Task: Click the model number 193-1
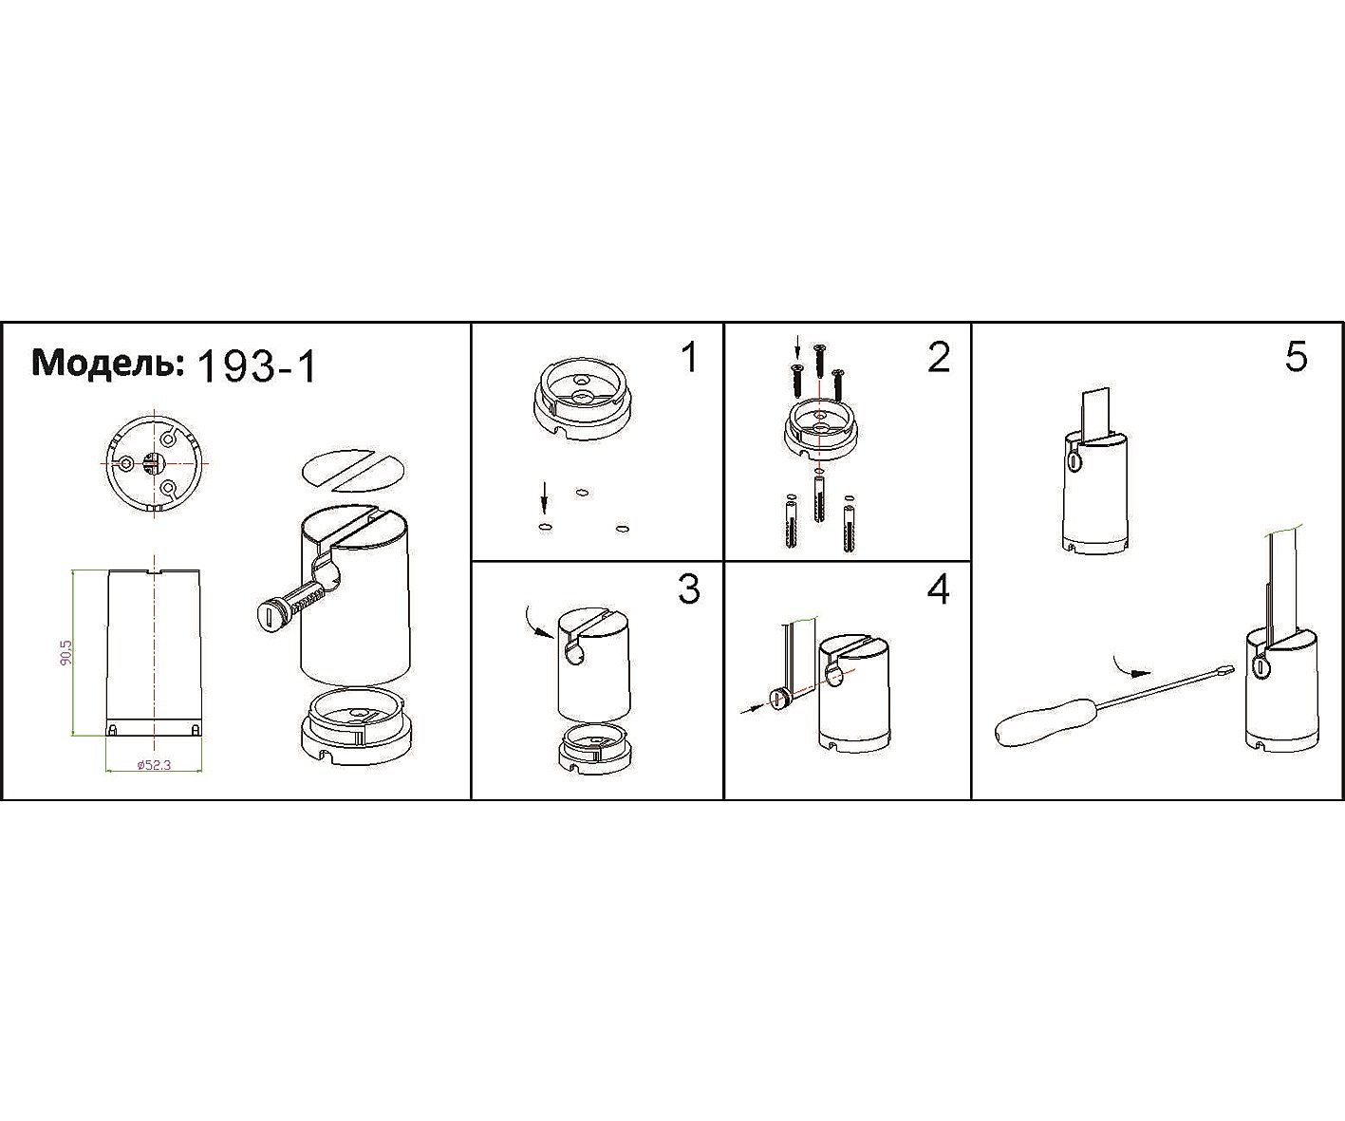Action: [x=256, y=368]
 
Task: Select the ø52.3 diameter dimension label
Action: [x=154, y=765]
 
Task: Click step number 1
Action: [x=689, y=358]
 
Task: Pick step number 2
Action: [x=939, y=358]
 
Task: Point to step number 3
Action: [x=689, y=589]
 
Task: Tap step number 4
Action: [x=939, y=589]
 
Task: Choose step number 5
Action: [x=1296, y=358]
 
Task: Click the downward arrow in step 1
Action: [x=544, y=500]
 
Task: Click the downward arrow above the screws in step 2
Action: [x=797, y=346]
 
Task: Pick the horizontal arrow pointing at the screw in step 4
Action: [x=752, y=709]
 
